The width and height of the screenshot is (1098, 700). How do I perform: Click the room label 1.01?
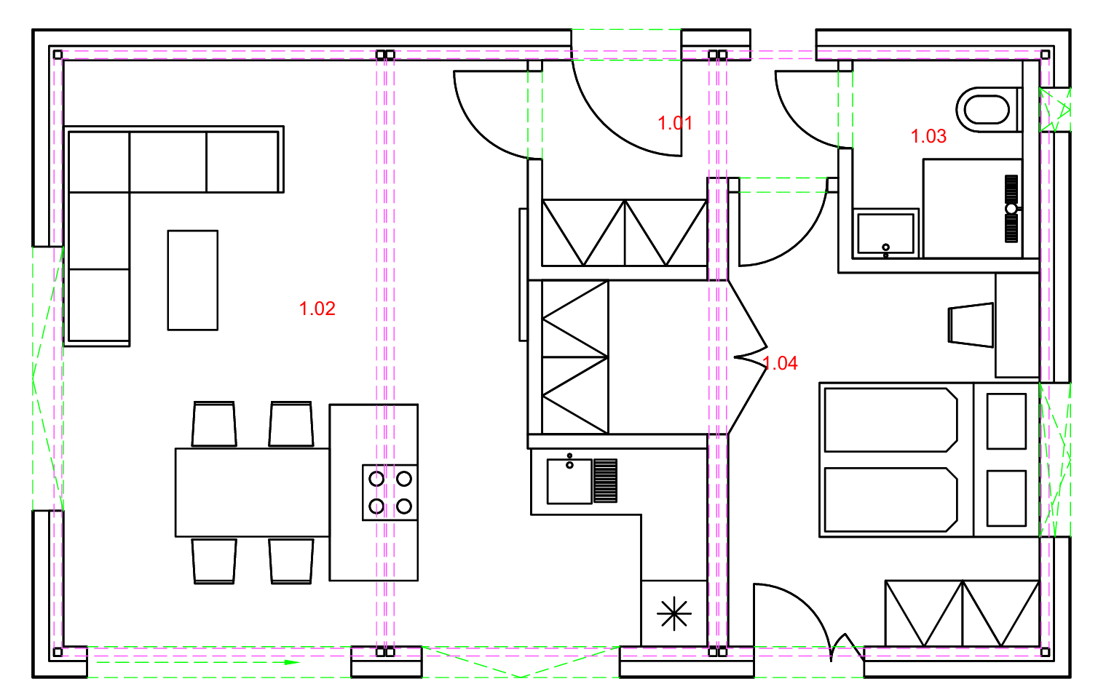point(675,123)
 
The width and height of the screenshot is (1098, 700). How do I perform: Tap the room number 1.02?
point(317,309)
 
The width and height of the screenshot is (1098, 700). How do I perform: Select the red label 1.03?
point(928,136)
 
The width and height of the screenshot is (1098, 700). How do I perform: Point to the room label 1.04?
point(781,363)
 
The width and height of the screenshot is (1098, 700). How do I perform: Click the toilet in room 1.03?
point(987,110)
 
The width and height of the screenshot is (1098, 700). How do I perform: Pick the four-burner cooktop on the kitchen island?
point(390,493)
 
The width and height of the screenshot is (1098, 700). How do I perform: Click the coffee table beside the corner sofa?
point(193,280)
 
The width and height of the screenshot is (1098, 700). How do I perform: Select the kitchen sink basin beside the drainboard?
point(569,481)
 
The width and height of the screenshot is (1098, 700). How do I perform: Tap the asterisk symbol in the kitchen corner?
point(674,613)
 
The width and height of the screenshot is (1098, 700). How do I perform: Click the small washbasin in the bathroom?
point(885,233)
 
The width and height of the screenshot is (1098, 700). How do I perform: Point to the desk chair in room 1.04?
point(971,325)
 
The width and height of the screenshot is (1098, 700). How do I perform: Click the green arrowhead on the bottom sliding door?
point(293,662)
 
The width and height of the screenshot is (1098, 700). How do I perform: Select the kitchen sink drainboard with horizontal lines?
point(605,481)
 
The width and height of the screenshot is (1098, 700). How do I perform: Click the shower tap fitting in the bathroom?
point(1011,209)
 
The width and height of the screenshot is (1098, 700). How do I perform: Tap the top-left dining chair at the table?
point(214,424)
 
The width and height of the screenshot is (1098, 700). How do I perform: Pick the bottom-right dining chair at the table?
point(291,561)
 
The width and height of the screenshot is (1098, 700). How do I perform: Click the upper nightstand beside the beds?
point(1006,421)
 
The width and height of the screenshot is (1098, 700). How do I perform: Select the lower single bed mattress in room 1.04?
point(890,500)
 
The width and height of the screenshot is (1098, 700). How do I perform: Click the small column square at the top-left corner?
point(58,55)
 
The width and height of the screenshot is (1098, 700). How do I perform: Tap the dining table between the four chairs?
point(253,493)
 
